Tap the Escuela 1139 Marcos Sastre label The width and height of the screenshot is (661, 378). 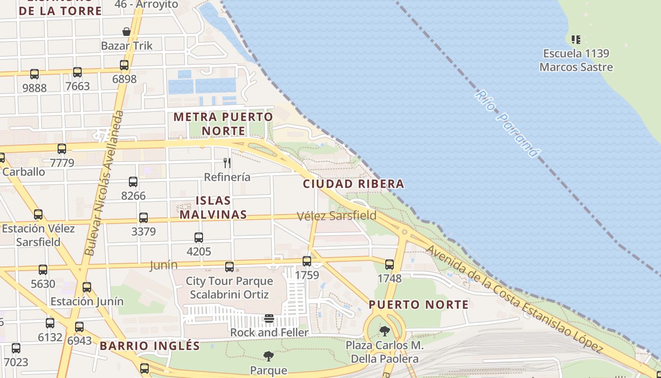[x=576, y=60]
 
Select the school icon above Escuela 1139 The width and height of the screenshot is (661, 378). [x=576, y=40]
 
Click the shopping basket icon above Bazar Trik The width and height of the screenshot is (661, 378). [x=127, y=32]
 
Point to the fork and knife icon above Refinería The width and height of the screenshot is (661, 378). [x=227, y=163]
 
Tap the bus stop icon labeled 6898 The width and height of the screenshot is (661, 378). [x=124, y=65]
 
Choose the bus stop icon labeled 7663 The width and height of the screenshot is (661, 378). [x=77, y=72]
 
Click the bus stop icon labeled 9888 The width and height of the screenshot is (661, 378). [x=34, y=74]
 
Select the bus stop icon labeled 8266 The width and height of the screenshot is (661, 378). [x=133, y=182]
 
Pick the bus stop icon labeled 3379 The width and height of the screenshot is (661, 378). [x=144, y=218]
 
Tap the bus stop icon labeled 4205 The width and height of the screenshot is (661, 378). [x=199, y=238]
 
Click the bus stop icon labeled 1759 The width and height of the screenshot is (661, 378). [x=307, y=261]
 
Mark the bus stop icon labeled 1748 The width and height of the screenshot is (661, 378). [x=390, y=265]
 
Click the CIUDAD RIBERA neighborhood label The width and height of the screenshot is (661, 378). [x=354, y=184]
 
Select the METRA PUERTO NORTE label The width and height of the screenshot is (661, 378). [x=223, y=123]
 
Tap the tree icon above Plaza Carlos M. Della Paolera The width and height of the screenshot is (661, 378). [x=385, y=331]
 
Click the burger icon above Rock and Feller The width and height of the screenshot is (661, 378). [x=269, y=318]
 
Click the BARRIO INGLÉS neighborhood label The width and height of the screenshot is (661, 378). [x=150, y=346]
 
